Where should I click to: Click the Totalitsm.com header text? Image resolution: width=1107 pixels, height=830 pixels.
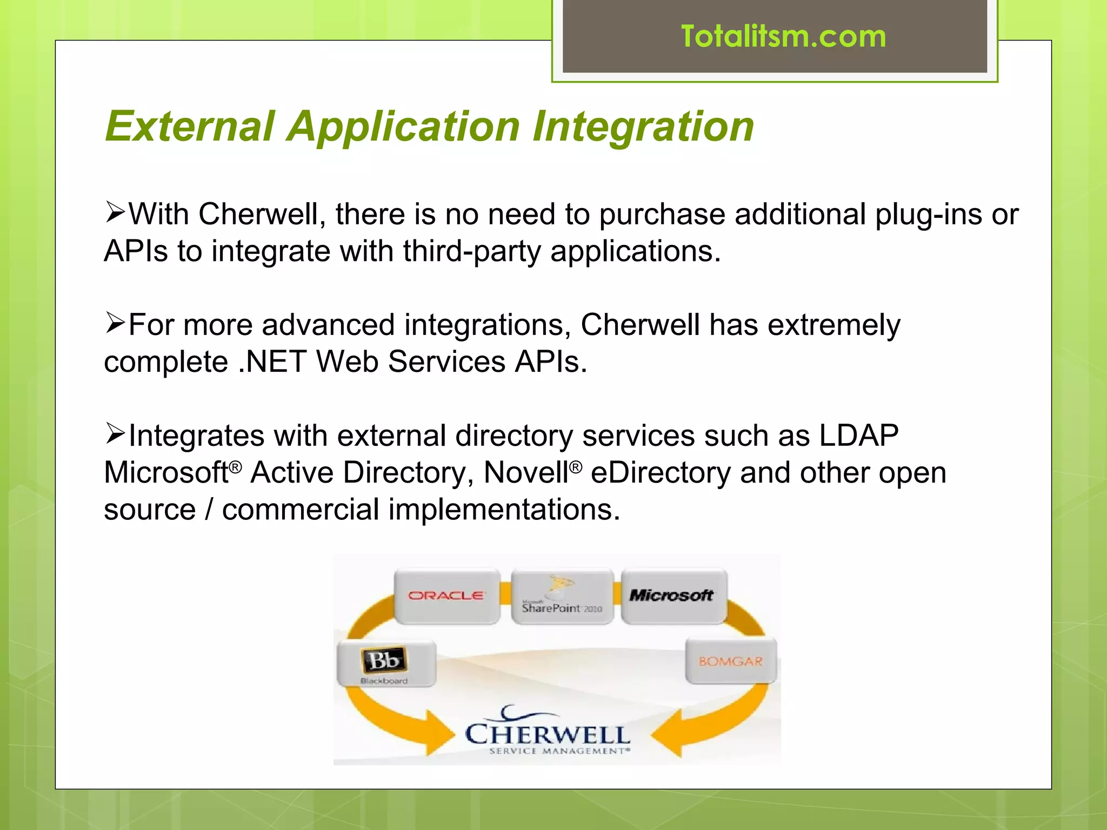pos(783,37)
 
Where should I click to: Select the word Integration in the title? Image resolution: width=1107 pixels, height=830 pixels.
pos(643,126)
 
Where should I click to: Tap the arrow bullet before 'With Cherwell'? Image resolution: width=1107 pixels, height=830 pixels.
pos(115,212)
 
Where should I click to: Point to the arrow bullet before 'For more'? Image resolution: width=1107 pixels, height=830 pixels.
pos(115,323)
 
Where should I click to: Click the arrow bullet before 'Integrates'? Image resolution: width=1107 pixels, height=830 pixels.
pos(115,434)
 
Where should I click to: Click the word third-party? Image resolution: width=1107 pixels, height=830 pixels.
pos(472,251)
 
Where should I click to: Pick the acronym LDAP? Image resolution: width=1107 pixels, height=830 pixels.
pos(859,435)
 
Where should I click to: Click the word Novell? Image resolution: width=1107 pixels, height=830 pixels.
pos(525,473)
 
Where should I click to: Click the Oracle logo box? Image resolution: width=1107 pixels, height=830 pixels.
pos(446,596)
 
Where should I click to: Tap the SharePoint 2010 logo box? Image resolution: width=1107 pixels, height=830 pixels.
pos(562,597)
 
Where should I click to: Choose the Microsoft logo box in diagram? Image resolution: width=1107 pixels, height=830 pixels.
pos(673,595)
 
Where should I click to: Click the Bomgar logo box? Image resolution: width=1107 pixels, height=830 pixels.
pos(730,661)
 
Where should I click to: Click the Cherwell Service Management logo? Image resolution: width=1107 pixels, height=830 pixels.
pos(548,733)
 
